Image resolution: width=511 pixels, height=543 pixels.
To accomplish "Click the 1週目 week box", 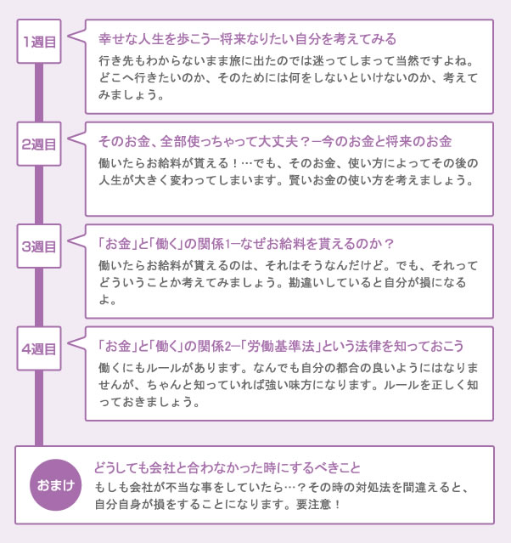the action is point(39,42).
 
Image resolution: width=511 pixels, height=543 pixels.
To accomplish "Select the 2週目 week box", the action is point(39,144).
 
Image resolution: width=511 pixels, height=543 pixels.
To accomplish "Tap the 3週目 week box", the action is point(39,246).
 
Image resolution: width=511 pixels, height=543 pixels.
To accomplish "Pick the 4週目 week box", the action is point(39,348).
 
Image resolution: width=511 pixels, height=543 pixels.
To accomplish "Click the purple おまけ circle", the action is point(56,485).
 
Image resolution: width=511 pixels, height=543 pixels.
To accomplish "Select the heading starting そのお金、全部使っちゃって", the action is point(275,141).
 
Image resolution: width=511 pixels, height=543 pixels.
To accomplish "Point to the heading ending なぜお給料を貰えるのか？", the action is point(246,244).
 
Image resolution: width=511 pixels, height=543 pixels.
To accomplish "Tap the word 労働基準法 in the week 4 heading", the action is point(281,346).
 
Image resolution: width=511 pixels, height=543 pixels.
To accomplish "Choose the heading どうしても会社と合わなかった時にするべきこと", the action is point(227,468).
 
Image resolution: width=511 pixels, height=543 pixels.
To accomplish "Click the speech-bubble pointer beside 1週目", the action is point(76,36).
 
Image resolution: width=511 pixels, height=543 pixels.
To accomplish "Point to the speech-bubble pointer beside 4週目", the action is point(76,342).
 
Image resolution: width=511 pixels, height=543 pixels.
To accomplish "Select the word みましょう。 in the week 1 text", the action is point(131,95).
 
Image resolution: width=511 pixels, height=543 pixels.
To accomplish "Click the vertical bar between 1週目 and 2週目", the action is point(39,93).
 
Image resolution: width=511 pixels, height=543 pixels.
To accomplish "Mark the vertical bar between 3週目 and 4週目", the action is point(39,297).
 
